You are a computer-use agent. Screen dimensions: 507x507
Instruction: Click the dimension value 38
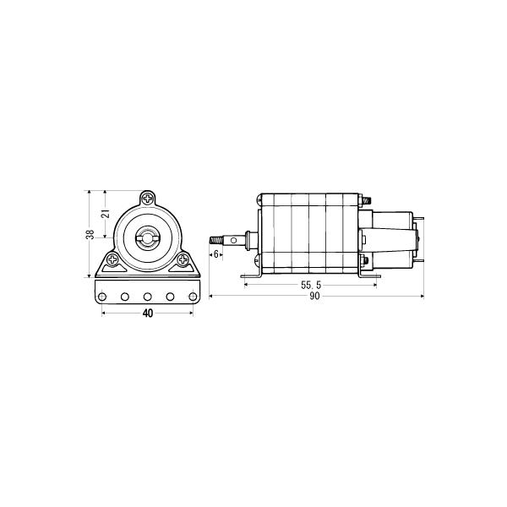coord(90,235)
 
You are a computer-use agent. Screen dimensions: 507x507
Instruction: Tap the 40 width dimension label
coord(147,313)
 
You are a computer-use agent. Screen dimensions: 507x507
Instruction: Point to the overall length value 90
coord(314,297)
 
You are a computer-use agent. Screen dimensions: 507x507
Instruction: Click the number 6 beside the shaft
coord(216,253)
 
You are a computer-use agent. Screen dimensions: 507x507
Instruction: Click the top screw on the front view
coord(149,199)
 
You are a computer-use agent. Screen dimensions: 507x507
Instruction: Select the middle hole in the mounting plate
coord(148,297)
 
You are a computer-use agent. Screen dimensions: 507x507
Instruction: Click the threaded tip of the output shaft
coord(215,239)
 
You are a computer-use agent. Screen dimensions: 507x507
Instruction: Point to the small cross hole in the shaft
coord(245,240)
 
